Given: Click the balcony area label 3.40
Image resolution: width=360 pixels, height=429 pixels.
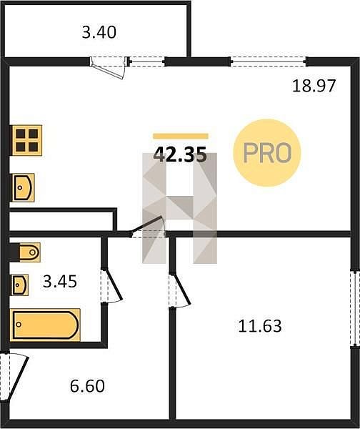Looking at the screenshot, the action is click(99, 32).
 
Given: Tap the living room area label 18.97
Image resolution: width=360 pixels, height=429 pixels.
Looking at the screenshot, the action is click(314, 86).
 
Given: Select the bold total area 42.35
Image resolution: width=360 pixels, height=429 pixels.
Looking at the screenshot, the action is click(180, 154).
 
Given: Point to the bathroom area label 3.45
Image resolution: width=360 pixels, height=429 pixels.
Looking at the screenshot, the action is click(60, 282).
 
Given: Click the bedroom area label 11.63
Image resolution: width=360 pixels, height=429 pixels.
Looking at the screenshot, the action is click(260, 326).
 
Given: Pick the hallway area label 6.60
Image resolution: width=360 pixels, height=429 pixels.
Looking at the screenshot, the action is click(87, 386).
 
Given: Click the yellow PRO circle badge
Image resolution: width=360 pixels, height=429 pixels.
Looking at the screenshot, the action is click(267, 153).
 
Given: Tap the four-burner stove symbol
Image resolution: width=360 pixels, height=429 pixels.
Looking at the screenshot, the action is click(27, 140).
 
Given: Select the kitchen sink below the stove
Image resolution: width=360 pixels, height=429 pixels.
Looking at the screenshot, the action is click(23, 187).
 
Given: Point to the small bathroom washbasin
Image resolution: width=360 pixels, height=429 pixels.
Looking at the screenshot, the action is click(20, 285).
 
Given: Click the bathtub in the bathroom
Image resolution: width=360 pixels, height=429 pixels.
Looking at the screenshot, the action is click(46, 325).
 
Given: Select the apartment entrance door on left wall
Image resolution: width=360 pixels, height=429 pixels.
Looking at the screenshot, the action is click(14, 377).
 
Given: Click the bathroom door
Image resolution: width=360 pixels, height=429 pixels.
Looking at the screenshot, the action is click(111, 286).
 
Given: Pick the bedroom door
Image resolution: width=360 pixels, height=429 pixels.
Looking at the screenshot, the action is click(179, 290).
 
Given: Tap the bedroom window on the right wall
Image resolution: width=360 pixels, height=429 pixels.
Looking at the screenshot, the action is click(354, 309).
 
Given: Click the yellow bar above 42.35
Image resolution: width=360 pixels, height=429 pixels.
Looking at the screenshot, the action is click(181, 136).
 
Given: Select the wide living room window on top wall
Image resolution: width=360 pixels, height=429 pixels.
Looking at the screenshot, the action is click(269, 61).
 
